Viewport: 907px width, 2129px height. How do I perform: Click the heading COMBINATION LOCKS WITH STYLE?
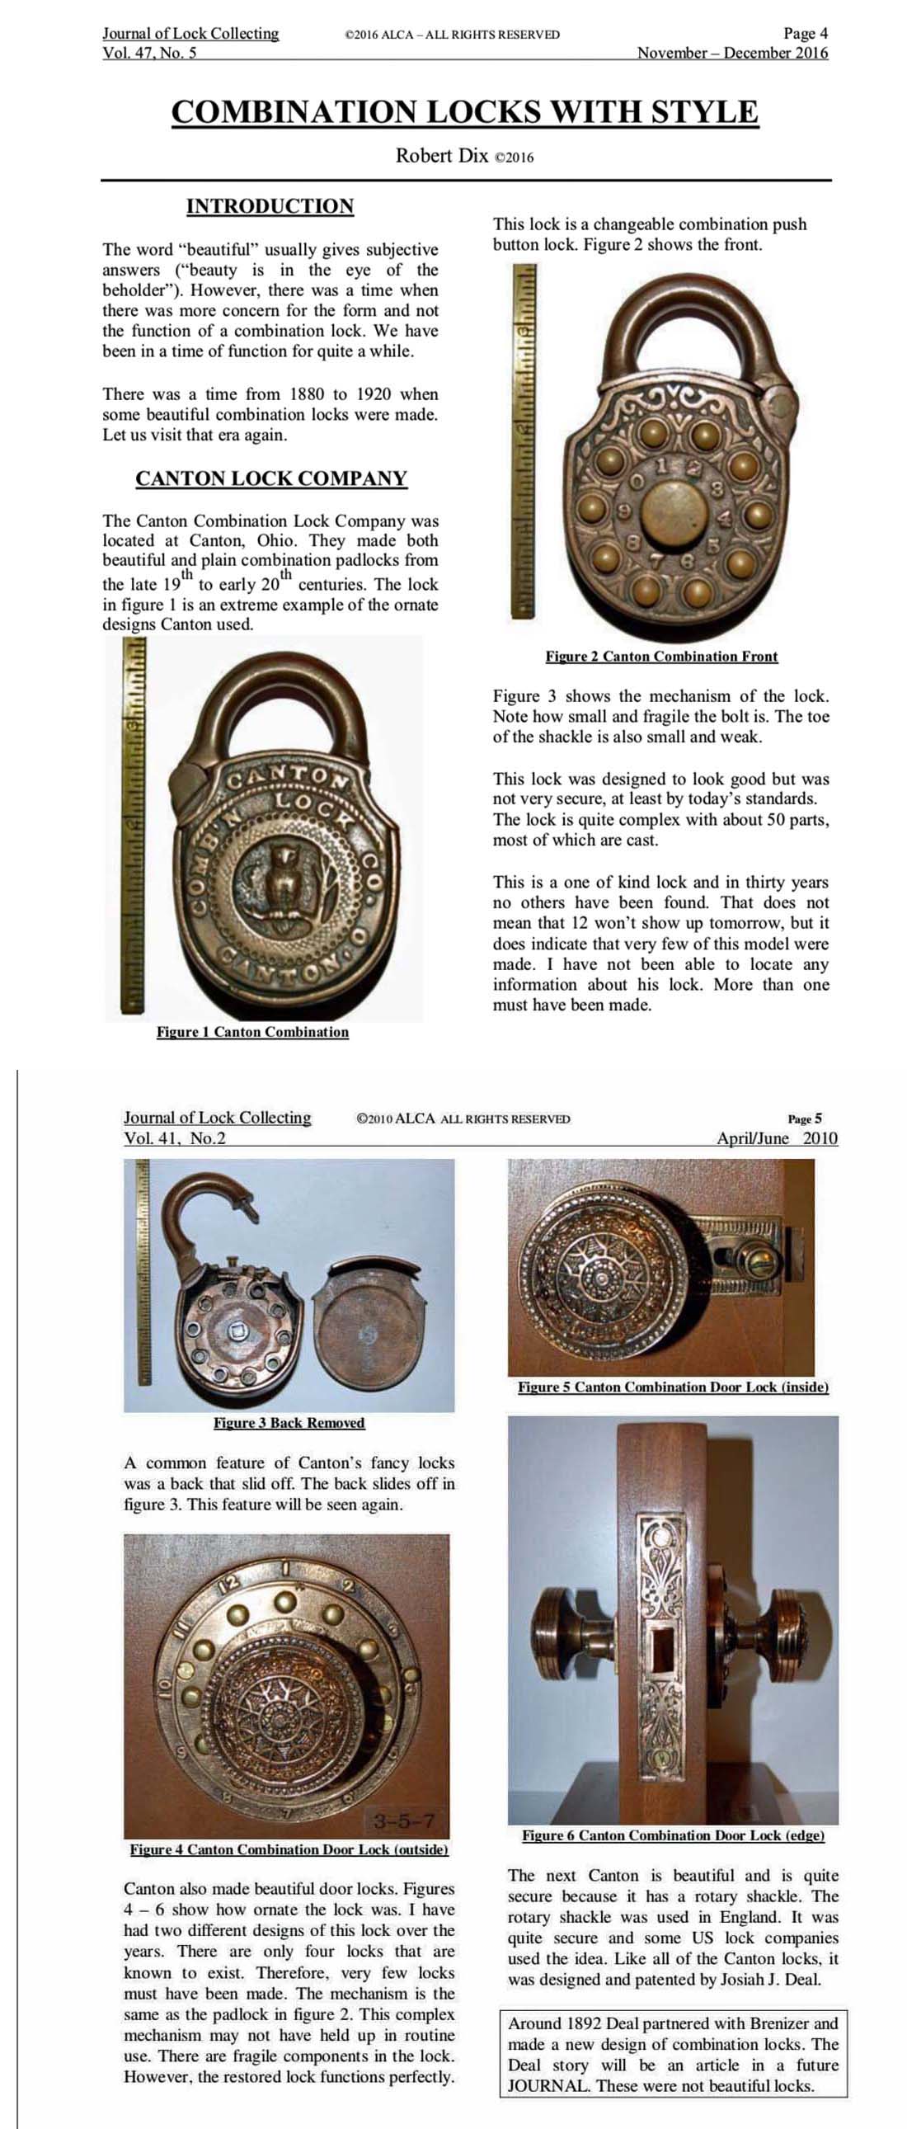click(464, 111)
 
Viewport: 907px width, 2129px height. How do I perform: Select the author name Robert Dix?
click(442, 155)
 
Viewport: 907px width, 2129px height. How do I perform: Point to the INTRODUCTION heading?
click(270, 205)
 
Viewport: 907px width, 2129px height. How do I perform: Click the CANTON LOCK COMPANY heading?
click(271, 478)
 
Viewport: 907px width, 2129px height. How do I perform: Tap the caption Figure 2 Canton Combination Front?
click(660, 657)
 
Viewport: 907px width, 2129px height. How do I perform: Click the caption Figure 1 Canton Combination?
click(252, 1031)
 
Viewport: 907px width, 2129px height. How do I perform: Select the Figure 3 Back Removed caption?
click(289, 1422)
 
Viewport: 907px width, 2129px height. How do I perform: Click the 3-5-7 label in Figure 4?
click(404, 1820)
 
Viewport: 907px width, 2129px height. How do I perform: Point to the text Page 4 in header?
click(805, 34)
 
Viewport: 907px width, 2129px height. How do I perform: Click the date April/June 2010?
click(777, 1138)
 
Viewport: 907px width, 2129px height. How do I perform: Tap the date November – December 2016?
click(732, 53)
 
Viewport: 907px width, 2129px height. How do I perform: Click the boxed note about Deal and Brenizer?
click(672, 2054)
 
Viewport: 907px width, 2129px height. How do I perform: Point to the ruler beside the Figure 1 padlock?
click(134, 827)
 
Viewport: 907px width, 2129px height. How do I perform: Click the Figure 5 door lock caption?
click(672, 1387)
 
